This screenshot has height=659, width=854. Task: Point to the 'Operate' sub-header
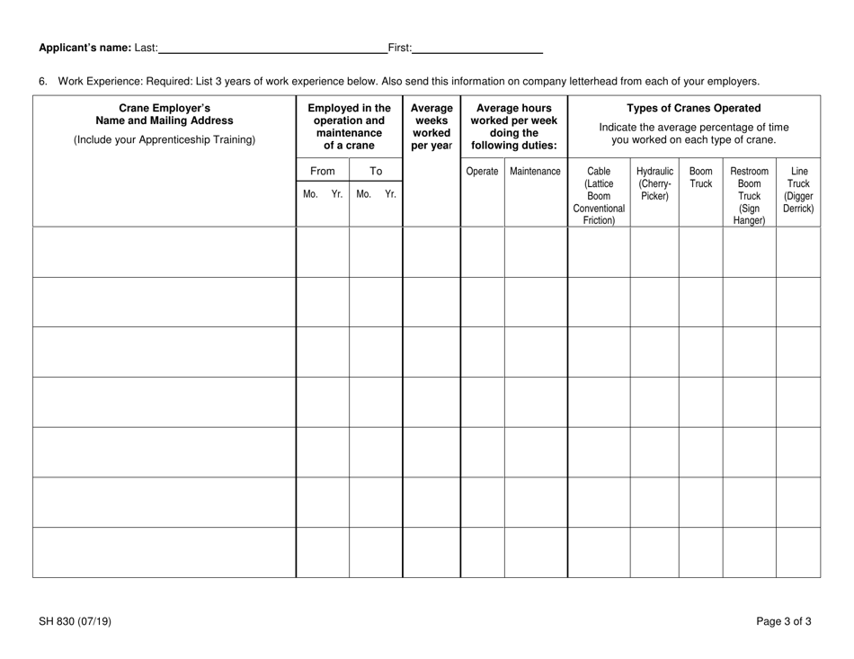pyautogui.click(x=482, y=171)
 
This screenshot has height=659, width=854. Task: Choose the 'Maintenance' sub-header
pyautogui.click(x=535, y=171)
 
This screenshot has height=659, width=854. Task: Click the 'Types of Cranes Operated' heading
pyautogui.click(x=693, y=108)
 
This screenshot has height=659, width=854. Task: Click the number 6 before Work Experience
pyautogui.click(x=42, y=81)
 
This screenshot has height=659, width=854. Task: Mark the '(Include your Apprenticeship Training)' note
pyautogui.click(x=165, y=139)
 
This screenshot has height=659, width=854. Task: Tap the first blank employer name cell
pyautogui.click(x=165, y=252)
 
